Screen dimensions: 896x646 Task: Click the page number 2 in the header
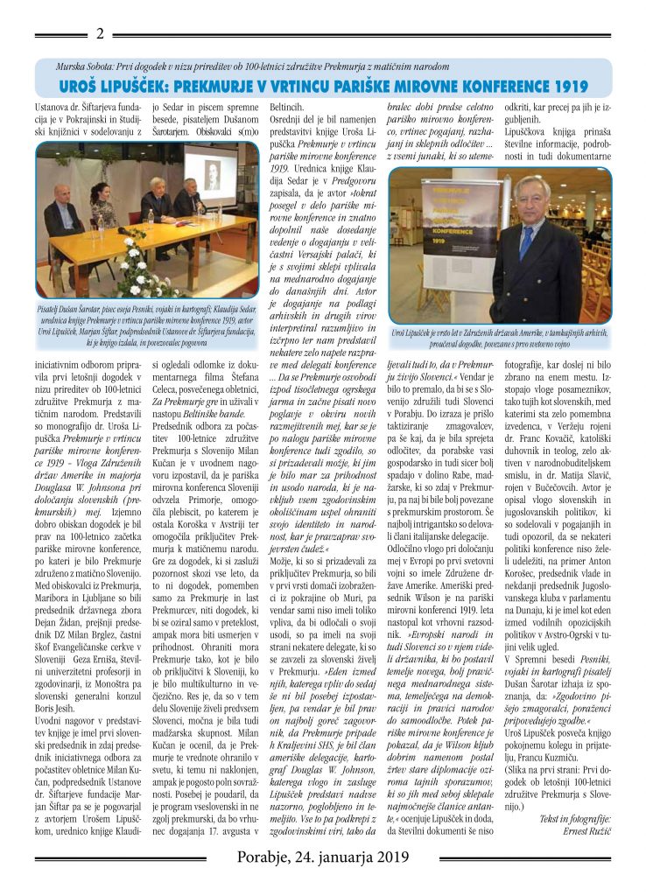coord(100,34)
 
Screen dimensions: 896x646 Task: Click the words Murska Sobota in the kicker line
coord(84,66)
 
